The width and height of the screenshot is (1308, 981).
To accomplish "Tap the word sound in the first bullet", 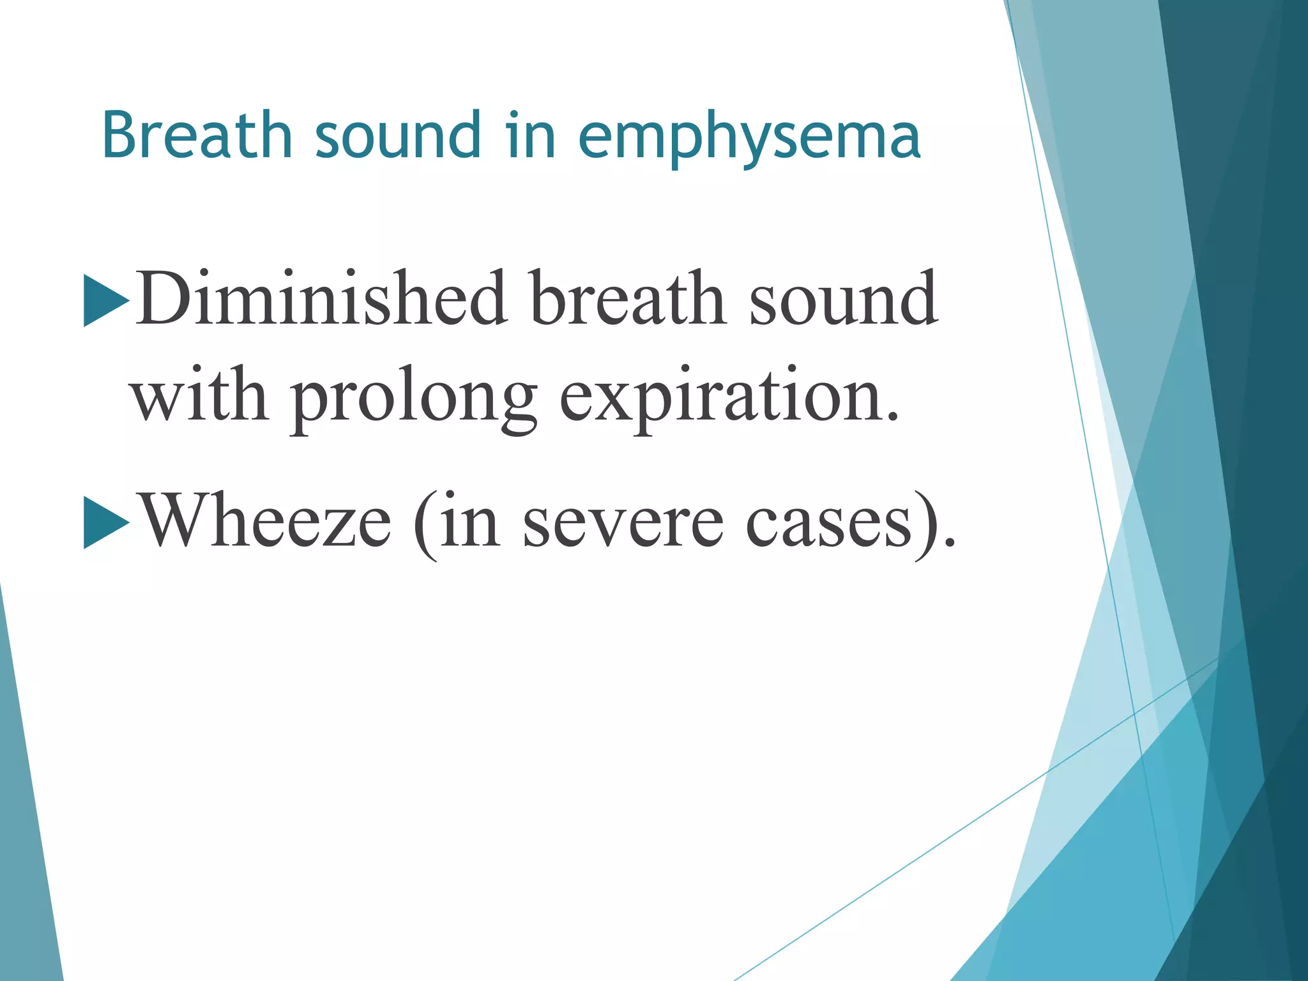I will coord(844,299).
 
